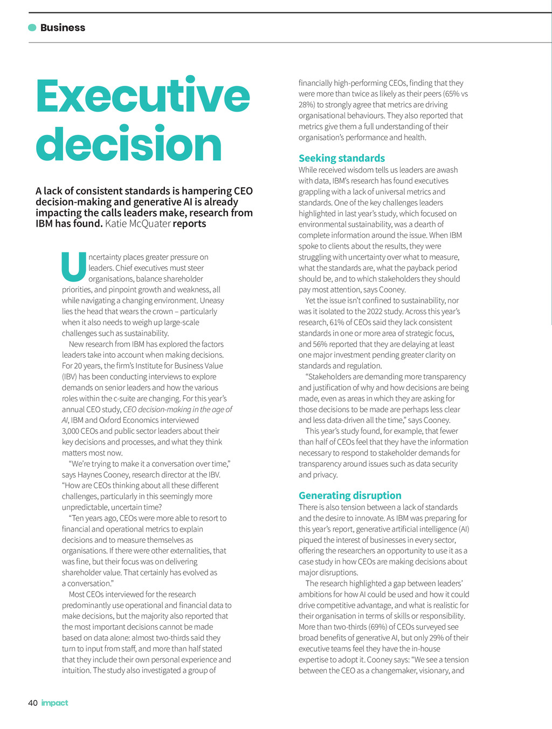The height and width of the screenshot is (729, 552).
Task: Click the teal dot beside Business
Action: tap(32, 28)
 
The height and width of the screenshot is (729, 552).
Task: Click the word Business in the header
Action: tap(63, 28)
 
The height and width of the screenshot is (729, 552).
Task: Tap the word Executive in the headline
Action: tap(143, 96)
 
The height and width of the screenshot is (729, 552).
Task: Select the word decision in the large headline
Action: tap(129, 145)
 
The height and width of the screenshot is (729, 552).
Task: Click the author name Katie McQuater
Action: tap(138, 223)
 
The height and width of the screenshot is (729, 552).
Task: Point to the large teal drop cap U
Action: tap(74, 268)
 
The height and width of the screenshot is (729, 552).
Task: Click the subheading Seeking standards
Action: tap(342, 158)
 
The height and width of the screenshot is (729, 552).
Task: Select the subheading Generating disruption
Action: tap(350, 495)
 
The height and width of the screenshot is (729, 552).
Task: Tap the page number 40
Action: tap(33, 703)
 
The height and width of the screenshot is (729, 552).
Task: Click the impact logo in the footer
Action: tap(55, 703)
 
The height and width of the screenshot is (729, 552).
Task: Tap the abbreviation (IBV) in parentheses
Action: tap(70, 377)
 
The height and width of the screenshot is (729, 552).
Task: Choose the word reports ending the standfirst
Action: tap(189, 223)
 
